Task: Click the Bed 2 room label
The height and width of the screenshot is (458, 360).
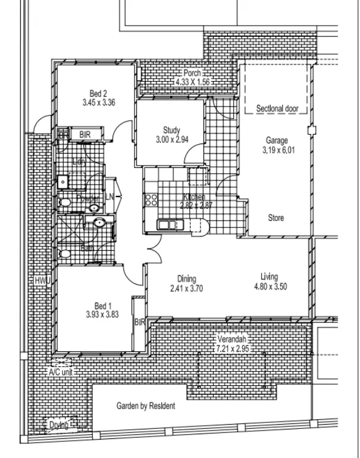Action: click(98, 93)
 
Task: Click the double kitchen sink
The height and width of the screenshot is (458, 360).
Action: click(167, 225)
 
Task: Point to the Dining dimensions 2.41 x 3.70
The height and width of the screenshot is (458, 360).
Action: click(187, 288)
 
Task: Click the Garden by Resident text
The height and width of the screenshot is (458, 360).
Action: click(145, 406)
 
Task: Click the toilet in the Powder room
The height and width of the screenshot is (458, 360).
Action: click(65, 204)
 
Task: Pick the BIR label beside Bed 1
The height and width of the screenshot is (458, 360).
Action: click(140, 322)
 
